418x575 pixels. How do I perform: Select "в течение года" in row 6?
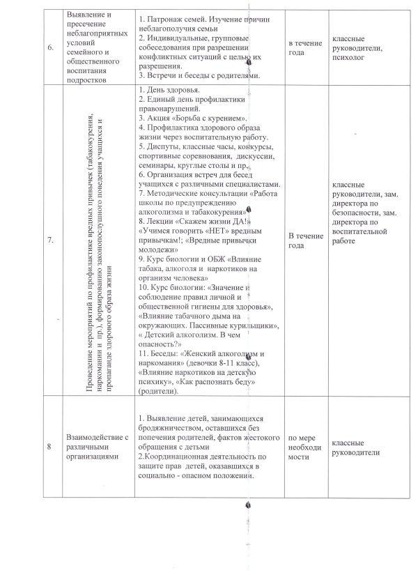point(306,47)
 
